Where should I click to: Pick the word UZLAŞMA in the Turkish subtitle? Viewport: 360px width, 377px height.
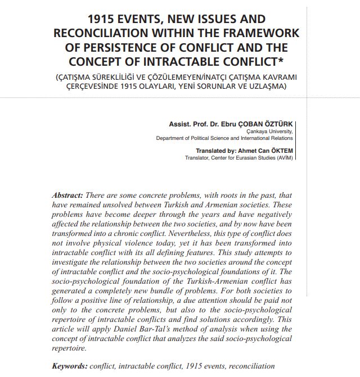268,87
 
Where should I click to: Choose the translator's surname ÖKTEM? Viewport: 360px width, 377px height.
281,151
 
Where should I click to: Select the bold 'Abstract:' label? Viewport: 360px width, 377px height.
67,196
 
